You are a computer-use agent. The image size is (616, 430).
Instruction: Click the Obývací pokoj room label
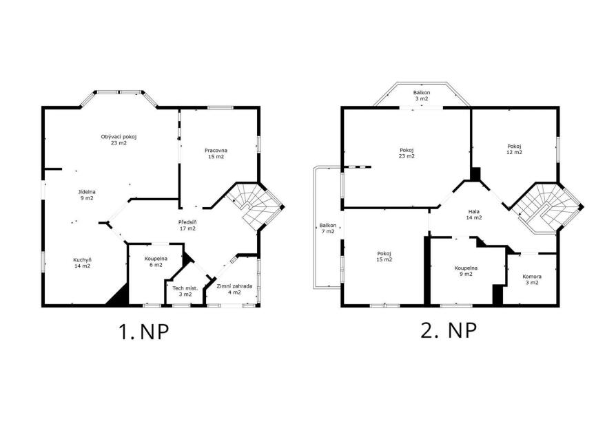(x=119, y=140)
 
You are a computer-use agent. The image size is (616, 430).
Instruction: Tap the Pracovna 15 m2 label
(x=216, y=153)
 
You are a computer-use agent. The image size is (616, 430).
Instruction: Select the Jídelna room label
(x=87, y=195)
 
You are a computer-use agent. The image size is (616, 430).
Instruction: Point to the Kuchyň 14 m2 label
(x=82, y=263)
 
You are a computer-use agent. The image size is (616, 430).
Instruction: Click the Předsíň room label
(x=187, y=225)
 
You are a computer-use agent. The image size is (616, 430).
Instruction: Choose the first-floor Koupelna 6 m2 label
(x=156, y=261)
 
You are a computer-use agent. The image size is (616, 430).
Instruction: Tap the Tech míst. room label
(x=185, y=291)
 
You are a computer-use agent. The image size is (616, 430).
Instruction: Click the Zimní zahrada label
(x=234, y=289)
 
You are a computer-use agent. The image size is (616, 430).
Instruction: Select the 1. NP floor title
(x=144, y=332)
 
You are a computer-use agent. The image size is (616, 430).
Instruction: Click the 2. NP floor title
(x=449, y=331)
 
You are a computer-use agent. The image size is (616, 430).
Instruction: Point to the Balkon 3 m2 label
(x=422, y=96)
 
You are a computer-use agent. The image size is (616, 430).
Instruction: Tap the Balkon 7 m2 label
(x=328, y=228)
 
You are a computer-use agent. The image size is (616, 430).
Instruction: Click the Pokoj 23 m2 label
(x=407, y=153)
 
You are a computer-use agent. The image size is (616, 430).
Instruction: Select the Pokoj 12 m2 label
(x=514, y=149)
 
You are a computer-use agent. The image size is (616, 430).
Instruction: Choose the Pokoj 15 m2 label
(x=384, y=257)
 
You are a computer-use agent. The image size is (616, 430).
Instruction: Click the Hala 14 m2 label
(x=474, y=215)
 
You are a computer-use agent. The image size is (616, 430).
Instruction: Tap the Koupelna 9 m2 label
(x=466, y=271)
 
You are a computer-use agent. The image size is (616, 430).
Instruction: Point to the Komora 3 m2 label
(x=531, y=279)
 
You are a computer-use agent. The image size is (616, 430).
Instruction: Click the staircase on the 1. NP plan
(x=256, y=206)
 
